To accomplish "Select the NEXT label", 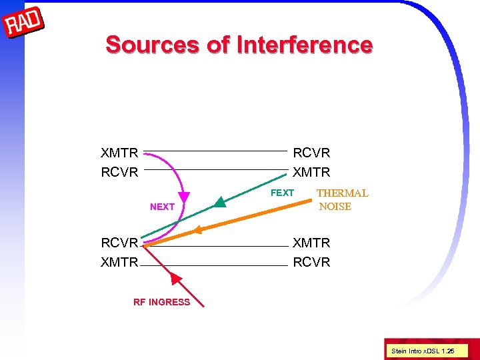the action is click(x=162, y=207).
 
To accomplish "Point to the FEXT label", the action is click(x=282, y=193).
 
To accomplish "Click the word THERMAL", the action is click(x=342, y=193).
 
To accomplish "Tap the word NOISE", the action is click(x=335, y=207).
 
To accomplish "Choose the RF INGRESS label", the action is click(x=161, y=302).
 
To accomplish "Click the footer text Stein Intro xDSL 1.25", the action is click(x=422, y=350).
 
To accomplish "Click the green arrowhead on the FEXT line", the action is click(x=221, y=202).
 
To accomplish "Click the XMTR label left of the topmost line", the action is click(x=119, y=153).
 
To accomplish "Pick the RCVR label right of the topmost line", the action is click(x=311, y=153).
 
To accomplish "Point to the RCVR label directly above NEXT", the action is click(x=119, y=172).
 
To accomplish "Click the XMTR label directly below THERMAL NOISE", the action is click(x=311, y=243).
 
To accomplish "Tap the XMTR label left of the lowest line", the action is click(x=119, y=262).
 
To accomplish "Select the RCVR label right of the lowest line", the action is click(x=311, y=262).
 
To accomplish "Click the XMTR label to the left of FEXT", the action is click(x=311, y=172).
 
